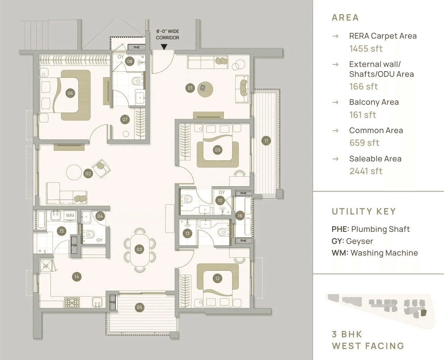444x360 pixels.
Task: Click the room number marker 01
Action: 190,88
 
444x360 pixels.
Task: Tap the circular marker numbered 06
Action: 70,93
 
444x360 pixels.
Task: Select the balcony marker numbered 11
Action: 266,141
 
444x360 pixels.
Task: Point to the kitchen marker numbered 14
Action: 77,277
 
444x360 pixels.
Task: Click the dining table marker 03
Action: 139,249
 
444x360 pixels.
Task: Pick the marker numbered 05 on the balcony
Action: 140,307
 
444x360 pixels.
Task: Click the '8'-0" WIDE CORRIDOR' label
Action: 168,34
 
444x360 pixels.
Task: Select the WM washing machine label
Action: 70,215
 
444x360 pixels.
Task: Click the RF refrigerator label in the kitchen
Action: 46,266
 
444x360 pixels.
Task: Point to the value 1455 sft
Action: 366,48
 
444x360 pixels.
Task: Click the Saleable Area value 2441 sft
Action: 366,171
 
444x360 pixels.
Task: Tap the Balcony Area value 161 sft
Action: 362,115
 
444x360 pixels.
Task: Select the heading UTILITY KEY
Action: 364,211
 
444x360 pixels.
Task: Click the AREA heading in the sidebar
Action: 345,17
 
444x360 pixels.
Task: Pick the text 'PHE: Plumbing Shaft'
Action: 371,229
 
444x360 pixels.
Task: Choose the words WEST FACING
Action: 368,346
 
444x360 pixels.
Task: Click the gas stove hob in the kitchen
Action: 72,302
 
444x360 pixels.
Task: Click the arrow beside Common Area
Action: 335,131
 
